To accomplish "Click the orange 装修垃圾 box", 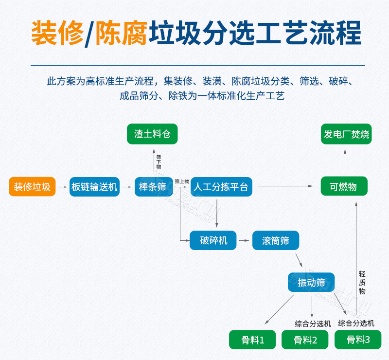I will point(32,187).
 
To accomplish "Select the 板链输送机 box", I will point(94,187).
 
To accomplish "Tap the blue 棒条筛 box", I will point(153,187).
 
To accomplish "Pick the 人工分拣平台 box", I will point(221,187).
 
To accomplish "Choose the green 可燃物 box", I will point(344,187).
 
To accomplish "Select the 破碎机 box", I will point(213,240).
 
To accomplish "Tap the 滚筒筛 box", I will point(275,240).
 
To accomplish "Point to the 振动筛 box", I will point(311,283).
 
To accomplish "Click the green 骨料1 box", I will point(252,340).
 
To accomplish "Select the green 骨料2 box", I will point(305,340).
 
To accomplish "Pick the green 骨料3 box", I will point(358,340).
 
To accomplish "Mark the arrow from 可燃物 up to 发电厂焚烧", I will point(345,160).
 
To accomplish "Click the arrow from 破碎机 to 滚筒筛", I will point(244,240).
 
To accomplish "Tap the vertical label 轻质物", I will point(362,282).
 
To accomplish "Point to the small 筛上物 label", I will point(181,181).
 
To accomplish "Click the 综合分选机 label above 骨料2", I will point(313,323).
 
